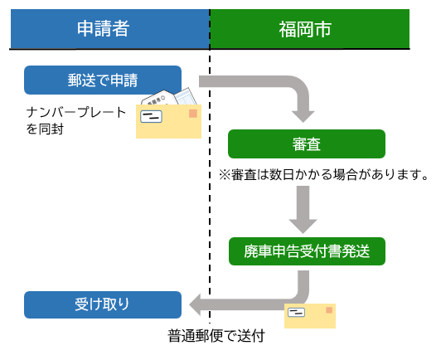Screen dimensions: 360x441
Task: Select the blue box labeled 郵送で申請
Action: tap(103, 80)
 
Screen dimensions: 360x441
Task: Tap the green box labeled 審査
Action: tap(307, 144)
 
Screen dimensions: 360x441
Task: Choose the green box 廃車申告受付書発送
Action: tap(307, 251)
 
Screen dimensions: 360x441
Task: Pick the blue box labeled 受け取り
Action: tap(103, 304)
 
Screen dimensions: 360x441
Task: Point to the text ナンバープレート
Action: tap(76, 112)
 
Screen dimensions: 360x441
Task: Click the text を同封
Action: tap(46, 129)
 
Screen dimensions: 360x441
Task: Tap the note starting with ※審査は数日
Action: tap(323, 175)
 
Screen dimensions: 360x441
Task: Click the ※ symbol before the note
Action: tap(224, 175)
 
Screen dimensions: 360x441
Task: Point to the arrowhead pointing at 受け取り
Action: tap(197, 304)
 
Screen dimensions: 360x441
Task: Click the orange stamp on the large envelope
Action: tap(193, 113)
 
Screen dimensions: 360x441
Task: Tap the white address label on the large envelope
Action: tap(151, 117)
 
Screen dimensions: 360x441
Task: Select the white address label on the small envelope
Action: tap(297, 313)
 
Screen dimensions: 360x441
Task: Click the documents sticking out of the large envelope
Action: tap(177, 99)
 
